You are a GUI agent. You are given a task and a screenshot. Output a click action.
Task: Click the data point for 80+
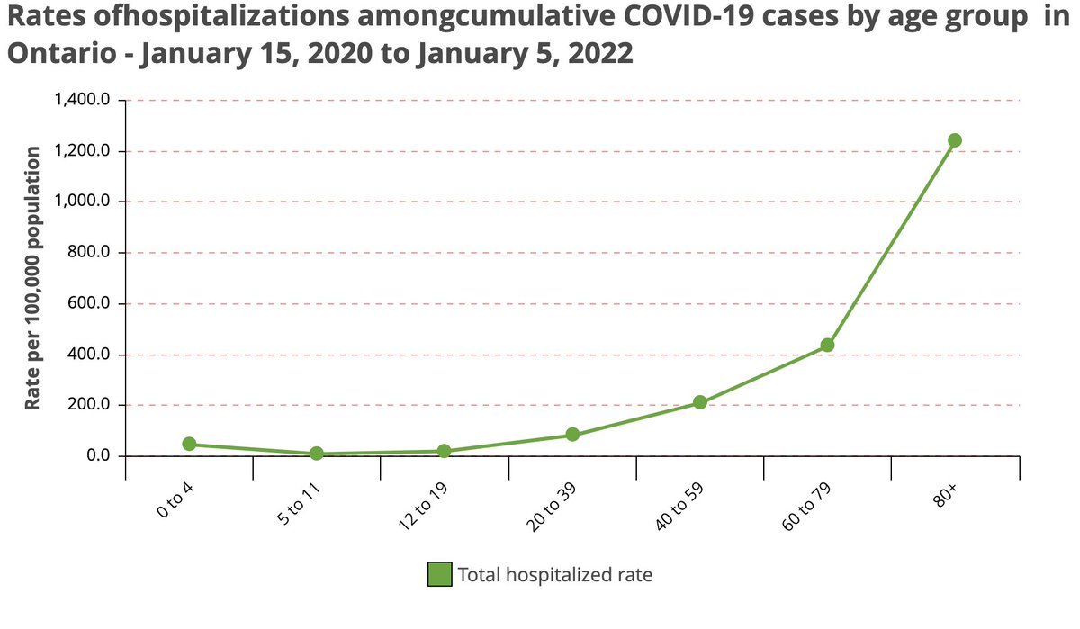(955, 140)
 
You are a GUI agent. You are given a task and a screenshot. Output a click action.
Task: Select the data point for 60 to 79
(827, 346)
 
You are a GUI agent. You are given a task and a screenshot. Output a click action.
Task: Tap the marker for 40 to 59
(699, 402)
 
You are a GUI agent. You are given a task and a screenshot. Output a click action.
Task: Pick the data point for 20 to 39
(572, 435)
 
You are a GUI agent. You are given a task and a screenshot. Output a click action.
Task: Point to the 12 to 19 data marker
(444, 451)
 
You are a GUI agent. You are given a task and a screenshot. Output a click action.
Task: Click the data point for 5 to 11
(317, 454)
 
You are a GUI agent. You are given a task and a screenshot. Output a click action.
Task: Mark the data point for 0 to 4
(189, 444)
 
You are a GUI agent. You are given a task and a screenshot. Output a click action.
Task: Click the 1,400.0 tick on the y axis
(83, 100)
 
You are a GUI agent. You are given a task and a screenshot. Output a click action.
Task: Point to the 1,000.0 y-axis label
(83, 202)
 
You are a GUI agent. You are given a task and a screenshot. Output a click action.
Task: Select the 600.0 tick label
(90, 303)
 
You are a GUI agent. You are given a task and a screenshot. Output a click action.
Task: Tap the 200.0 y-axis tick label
(90, 405)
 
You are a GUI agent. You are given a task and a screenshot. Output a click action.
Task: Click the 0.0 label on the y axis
(97, 456)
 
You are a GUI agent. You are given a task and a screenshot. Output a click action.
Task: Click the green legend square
(439, 574)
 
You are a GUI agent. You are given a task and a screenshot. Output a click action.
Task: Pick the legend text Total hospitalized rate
(554, 574)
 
